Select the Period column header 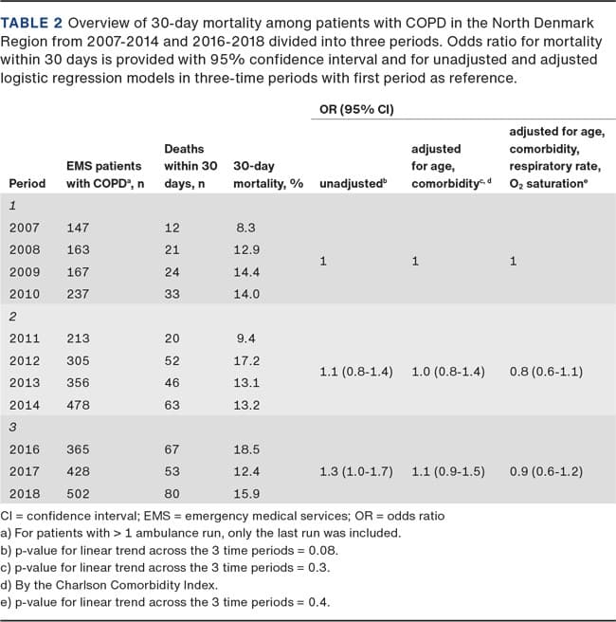27,182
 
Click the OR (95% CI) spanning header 353,110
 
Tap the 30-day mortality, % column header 267,182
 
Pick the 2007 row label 24,228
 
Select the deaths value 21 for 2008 172,249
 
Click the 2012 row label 24,360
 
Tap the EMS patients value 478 78,405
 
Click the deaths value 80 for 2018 172,494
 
